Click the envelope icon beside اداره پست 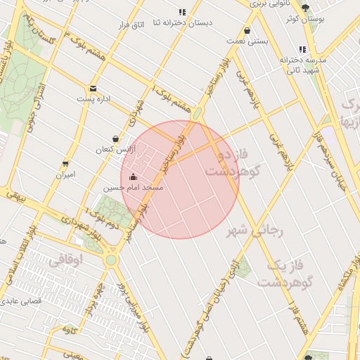point(93,89)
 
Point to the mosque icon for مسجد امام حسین point(134,177)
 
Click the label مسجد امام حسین point(134,188)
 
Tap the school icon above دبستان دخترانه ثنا point(183,12)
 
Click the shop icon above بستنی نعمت point(247,31)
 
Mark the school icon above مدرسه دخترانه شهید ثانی point(302,49)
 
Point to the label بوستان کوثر point(304,18)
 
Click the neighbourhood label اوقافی point(65,260)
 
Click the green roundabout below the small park point(110,260)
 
